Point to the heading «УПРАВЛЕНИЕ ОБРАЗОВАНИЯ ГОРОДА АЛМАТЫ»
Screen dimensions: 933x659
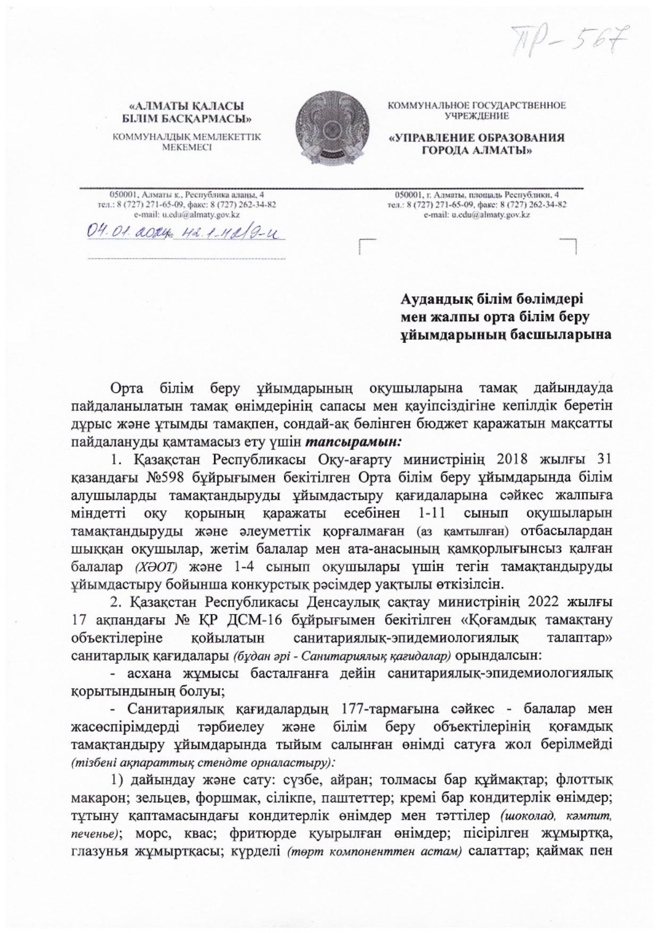click(x=477, y=144)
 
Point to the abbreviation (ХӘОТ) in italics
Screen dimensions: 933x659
click(x=154, y=567)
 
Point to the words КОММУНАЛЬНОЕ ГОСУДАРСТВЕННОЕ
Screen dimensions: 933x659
click(x=477, y=105)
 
